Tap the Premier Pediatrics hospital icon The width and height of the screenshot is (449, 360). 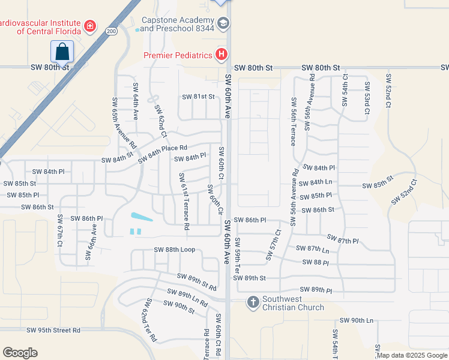click(221, 55)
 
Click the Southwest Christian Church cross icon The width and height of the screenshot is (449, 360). click(253, 302)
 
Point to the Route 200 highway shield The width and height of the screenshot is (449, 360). click(110, 31)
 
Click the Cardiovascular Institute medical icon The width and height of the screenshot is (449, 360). click(90, 26)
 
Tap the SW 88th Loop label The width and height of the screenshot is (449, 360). click(175, 250)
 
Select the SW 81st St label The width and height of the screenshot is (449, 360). click(198, 97)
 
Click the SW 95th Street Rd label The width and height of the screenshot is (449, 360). click(53, 330)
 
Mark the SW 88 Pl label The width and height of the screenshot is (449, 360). click(316, 263)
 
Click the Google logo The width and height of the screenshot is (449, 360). click(20, 352)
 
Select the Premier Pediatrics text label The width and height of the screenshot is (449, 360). click(178, 56)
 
